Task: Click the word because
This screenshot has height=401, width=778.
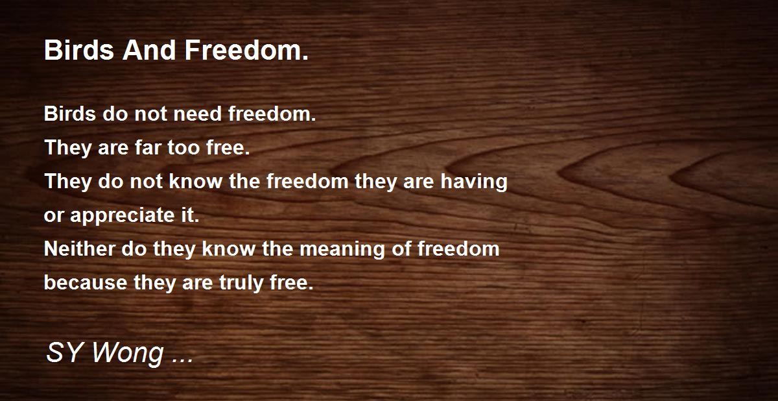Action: [85, 283]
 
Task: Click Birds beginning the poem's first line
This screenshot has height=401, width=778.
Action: [69, 114]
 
